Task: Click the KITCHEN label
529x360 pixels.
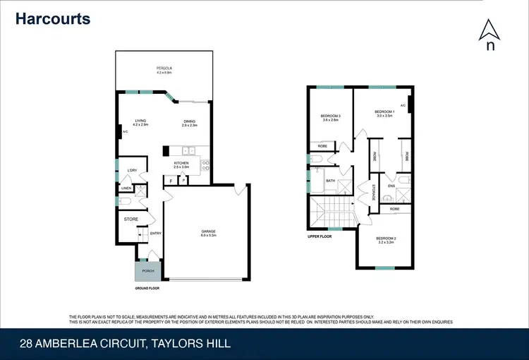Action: click(181, 164)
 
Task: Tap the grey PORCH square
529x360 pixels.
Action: click(148, 271)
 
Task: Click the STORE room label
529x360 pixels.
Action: click(131, 220)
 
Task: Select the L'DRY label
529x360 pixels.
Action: click(131, 172)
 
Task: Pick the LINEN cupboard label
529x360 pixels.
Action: click(126, 188)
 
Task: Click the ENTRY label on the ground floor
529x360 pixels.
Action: click(155, 234)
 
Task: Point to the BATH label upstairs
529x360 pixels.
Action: click(330, 181)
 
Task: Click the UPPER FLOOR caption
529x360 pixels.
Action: click(320, 236)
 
